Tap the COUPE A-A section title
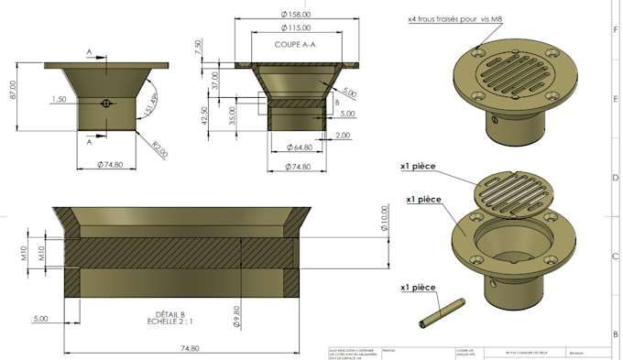coord(295,44)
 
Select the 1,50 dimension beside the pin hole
coord(60,99)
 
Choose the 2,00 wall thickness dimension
coord(343,135)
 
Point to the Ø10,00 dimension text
coord(384,219)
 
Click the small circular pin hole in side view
coord(107,104)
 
